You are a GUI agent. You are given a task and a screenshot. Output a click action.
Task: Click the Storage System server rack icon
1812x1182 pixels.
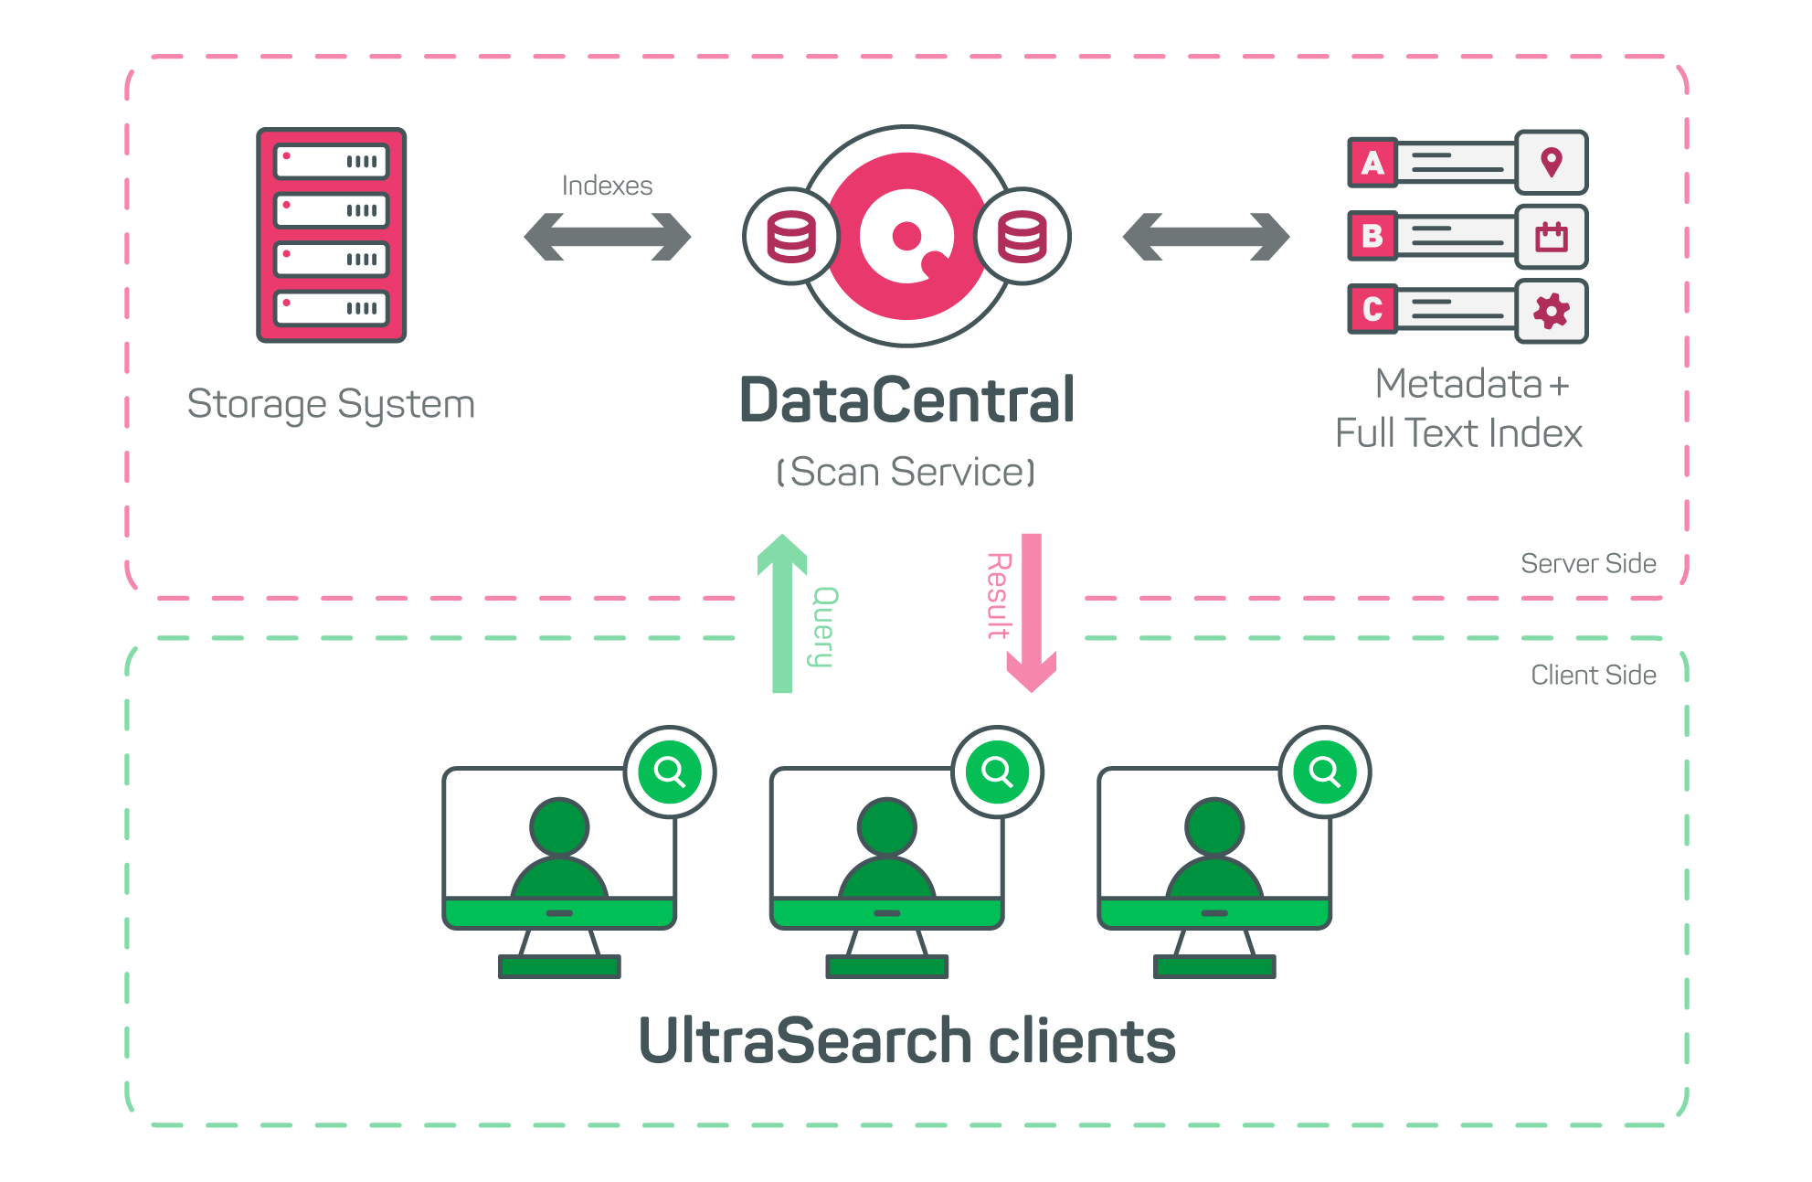click(x=331, y=235)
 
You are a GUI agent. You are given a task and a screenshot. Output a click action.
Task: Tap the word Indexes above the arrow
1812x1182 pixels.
click(x=607, y=186)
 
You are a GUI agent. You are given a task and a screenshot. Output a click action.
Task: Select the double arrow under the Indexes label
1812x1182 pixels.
click(x=608, y=237)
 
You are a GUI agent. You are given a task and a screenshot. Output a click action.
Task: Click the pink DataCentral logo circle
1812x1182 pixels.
click(x=906, y=236)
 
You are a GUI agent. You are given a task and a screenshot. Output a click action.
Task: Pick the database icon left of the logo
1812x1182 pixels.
click(x=791, y=237)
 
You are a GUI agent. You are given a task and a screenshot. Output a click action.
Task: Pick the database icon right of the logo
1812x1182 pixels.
click(x=1023, y=237)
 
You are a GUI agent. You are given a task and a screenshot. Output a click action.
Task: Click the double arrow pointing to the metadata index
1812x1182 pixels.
click(x=1206, y=237)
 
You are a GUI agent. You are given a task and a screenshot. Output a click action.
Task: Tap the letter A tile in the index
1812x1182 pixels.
click(x=1372, y=163)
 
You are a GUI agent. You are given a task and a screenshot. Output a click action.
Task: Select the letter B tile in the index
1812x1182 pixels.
click(x=1372, y=236)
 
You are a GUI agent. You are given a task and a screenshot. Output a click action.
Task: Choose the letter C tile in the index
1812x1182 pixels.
click(x=1372, y=309)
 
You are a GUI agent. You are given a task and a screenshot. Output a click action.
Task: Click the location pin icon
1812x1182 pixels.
click(x=1551, y=163)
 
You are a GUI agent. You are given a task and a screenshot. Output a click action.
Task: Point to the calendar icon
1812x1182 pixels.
click(x=1551, y=237)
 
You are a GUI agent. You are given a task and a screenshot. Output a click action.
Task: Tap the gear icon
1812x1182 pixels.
click(x=1551, y=311)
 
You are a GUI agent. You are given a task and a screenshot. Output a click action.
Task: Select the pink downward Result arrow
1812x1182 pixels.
click(x=1032, y=612)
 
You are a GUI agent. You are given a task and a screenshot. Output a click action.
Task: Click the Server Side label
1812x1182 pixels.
click(x=1588, y=563)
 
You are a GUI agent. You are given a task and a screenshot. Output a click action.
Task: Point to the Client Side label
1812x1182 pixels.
click(x=1594, y=675)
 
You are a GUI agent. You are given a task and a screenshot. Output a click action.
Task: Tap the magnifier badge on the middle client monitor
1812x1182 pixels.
click(x=997, y=772)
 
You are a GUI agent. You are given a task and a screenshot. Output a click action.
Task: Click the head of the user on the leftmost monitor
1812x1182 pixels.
click(x=559, y=826)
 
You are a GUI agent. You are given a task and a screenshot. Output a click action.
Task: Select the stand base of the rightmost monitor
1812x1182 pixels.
click(x=1214, y=966)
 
